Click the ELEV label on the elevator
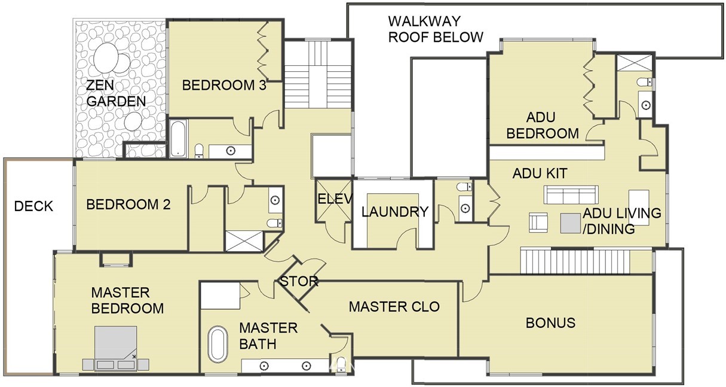click(335, 199)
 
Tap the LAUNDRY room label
click(395, 212)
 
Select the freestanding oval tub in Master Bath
click(218, 344)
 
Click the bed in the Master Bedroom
click(116, 348)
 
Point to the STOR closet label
click(299, 281)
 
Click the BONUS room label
click(550, 323)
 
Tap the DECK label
click(33, 206)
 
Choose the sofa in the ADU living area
click(571, 194)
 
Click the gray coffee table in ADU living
click(571, 223)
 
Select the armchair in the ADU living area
click(538, 222)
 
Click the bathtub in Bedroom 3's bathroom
click(178, 139)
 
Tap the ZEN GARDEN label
click(116, 93)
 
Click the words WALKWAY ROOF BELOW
click(436, 29)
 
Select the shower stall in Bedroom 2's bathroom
click(244, 241)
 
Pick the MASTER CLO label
click(394, 307)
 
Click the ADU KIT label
click(540, 173)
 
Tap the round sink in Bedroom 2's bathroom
click(275, 200)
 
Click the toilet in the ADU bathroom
click(645, 82)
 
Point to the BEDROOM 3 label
click(224, 86)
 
